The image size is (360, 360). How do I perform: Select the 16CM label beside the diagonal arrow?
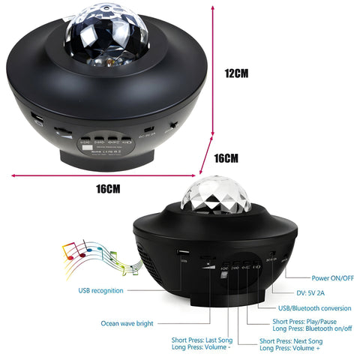coord(226,158)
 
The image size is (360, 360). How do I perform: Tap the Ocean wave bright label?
coord(127,323)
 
